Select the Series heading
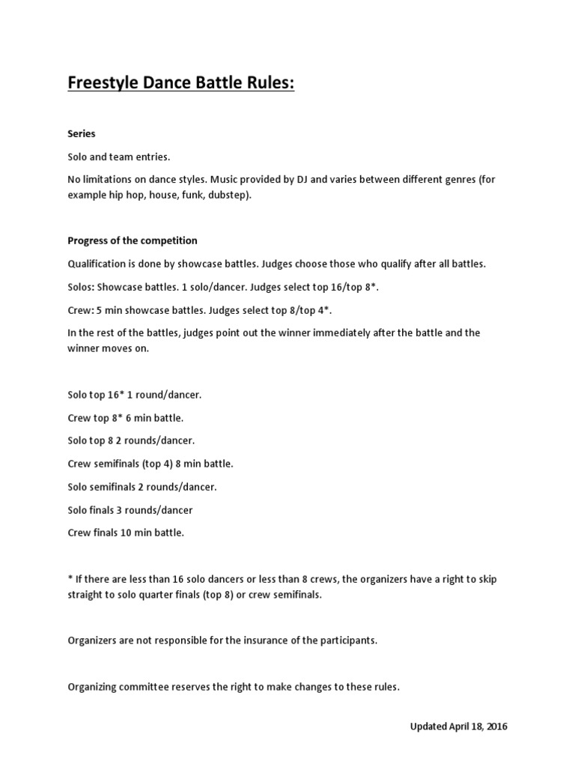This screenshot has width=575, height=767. [82, 133]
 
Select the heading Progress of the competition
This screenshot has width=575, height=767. [133, 240]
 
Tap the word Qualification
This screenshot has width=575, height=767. [97, 264]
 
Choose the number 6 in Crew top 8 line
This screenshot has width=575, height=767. [131, 417]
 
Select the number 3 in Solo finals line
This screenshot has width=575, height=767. [124, 510]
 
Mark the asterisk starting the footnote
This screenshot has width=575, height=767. [70, 578]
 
